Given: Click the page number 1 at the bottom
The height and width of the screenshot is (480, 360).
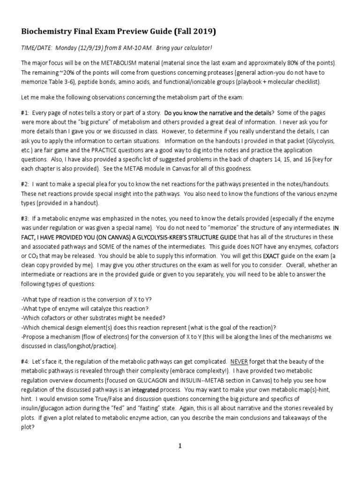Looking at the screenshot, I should point(180,446).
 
